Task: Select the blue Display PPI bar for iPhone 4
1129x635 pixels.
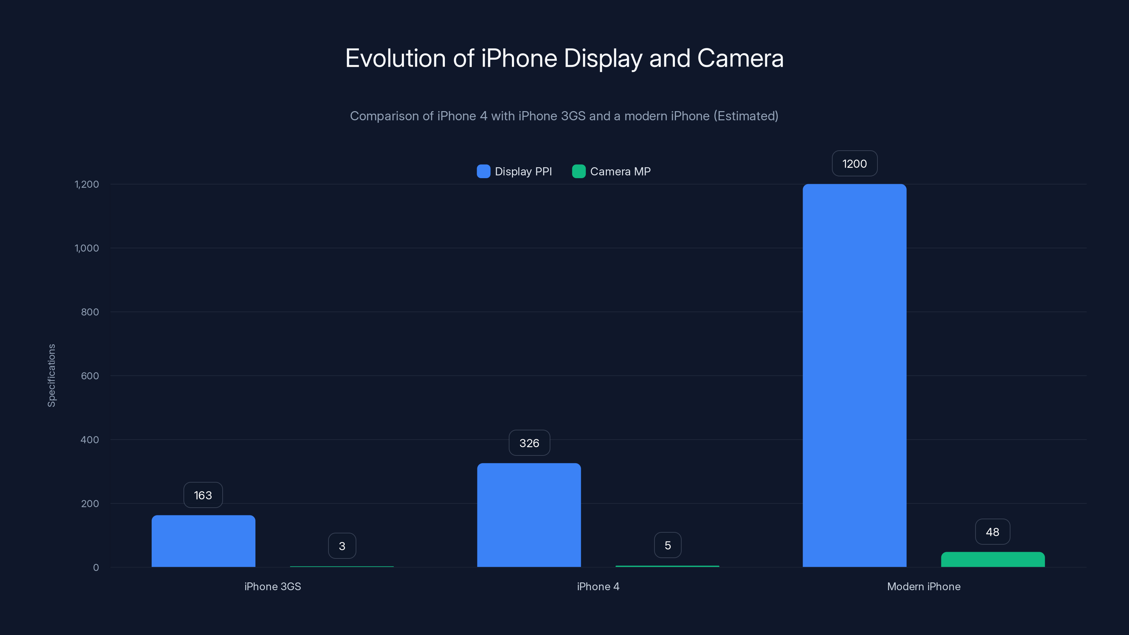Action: pos(529,515)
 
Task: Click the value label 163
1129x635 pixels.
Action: pos(203,495)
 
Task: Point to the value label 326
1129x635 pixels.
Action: pos(529,443)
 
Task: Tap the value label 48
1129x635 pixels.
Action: pos(992,532)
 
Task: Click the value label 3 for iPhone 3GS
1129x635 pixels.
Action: pos(342,546)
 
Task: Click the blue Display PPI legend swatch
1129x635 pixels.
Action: pos(483,171)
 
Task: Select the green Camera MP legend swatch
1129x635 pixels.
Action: pos(579,171)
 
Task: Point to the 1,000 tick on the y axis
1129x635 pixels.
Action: pos(87,248)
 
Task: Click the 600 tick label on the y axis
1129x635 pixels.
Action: pos(90,376)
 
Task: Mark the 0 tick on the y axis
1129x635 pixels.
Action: pos(96,568)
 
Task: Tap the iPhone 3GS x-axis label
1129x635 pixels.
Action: pos(273,586)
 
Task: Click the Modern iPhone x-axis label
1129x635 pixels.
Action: pos(923,586)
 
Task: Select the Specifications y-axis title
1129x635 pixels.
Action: pos(52,376)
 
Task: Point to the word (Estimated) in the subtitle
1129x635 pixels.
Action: pos(746,116)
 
